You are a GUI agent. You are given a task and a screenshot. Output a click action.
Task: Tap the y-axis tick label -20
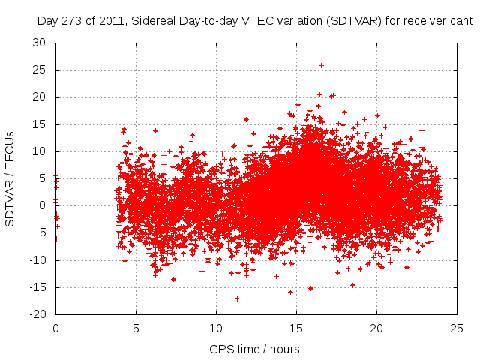[x=36, y=314]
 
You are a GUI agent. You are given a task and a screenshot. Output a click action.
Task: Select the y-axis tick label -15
[x=36, y=287]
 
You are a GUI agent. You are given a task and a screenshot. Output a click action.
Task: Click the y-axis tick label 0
[x=42, y=205]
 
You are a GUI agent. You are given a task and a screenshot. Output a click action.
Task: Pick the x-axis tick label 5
[x=136, y=328]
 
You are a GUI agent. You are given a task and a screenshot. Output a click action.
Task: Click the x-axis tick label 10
[x=216, y=328]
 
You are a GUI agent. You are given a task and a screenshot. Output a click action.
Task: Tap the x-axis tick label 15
[x=296, y=328]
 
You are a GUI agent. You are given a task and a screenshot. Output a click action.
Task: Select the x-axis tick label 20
[x=376, y=328]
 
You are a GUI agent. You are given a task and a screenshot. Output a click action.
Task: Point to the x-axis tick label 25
[x=457, y=328]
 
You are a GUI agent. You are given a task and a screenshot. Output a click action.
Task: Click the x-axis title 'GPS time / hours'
[x=256, y=349]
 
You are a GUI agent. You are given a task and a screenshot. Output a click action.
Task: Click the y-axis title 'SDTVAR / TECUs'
[x=10, y=178]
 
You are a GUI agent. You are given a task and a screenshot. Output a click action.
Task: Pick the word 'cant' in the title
[x=460, y=22]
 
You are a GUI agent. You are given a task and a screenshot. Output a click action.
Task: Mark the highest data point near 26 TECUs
[x=321, y=65]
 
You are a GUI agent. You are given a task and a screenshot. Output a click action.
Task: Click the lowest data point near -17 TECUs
[x=237, y=298]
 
